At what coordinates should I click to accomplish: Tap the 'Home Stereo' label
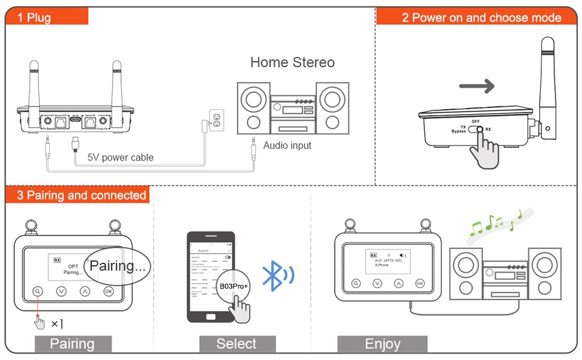[x=292, y=63]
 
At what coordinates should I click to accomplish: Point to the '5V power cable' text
[x=120, y=157]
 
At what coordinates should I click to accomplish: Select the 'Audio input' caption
[x=288, y=145]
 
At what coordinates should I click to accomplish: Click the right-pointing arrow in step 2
[x=477, y=87]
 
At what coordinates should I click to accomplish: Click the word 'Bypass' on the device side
[x=459, y=131]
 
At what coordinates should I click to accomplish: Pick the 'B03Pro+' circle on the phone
[x=233, y=287]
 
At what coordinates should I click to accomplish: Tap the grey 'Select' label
[x=236, y=344]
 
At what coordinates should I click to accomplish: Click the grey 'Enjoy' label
[x=382, y=344]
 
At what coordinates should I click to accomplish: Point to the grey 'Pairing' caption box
[x=72, y=344]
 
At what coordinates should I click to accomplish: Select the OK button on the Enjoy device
[x=420, y=283]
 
